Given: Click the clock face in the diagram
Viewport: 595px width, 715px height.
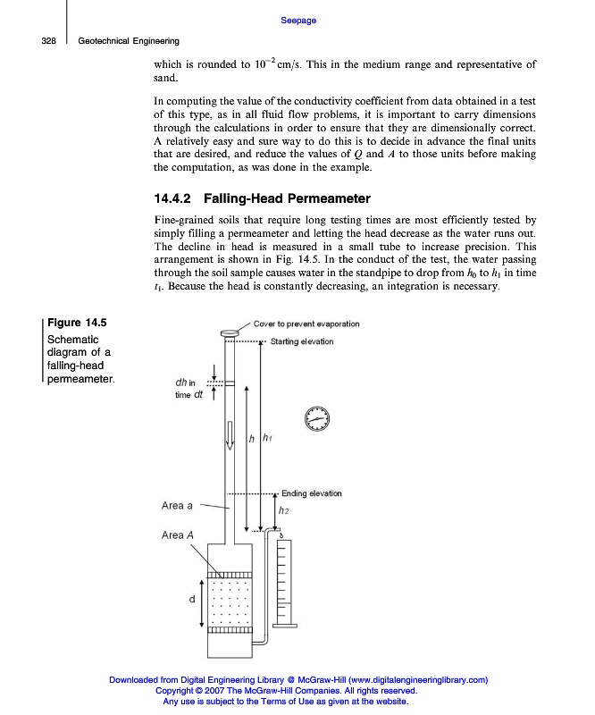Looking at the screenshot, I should pos(316,417).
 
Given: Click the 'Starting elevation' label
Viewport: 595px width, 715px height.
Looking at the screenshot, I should pos(301,341).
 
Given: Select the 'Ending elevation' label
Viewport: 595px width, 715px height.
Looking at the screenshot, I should pos(311,493).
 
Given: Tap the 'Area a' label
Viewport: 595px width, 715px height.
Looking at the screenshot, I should pos(177,506).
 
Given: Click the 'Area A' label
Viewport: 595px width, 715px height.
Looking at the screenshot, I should pos(178,535).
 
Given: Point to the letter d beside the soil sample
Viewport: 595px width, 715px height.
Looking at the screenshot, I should pos(191,600).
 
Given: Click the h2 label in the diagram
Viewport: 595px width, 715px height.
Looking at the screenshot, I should pos(283,511).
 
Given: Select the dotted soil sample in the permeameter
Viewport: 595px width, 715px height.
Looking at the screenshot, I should pos(230,602).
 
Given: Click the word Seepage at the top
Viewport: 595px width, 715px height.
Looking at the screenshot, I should pos(298,21).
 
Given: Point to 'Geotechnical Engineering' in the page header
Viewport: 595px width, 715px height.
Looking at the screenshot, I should pos(129,41).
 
